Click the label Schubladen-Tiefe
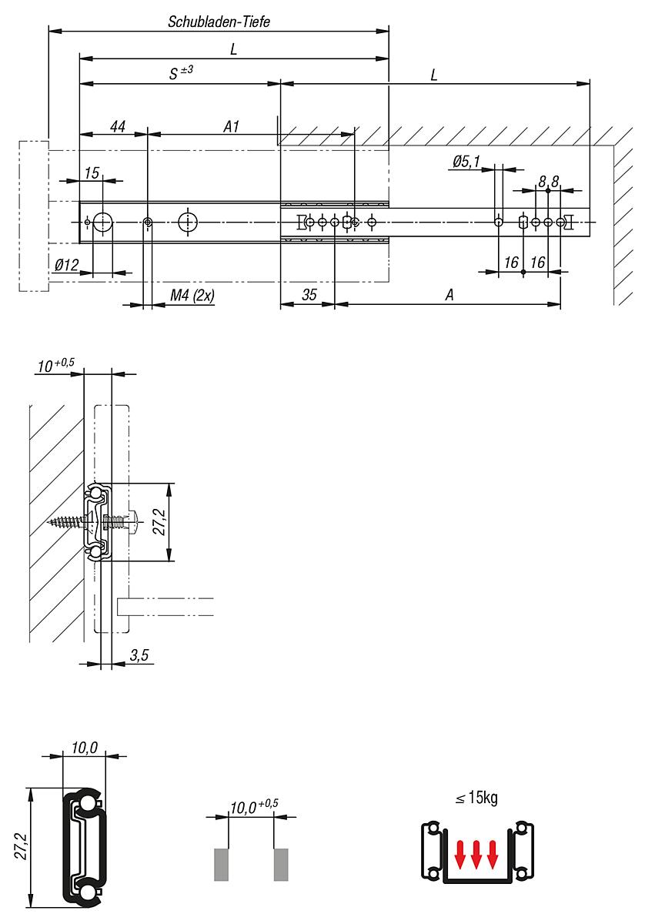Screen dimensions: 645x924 219,22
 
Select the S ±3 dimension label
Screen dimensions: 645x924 181,72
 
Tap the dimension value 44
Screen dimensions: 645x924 118,126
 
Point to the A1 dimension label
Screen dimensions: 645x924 232,126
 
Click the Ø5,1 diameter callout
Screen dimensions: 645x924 466,162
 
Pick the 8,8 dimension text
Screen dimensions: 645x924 549,181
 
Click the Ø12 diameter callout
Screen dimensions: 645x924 66,265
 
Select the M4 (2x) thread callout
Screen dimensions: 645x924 192,296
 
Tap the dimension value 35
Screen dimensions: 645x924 309,295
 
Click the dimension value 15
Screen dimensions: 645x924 92,173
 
